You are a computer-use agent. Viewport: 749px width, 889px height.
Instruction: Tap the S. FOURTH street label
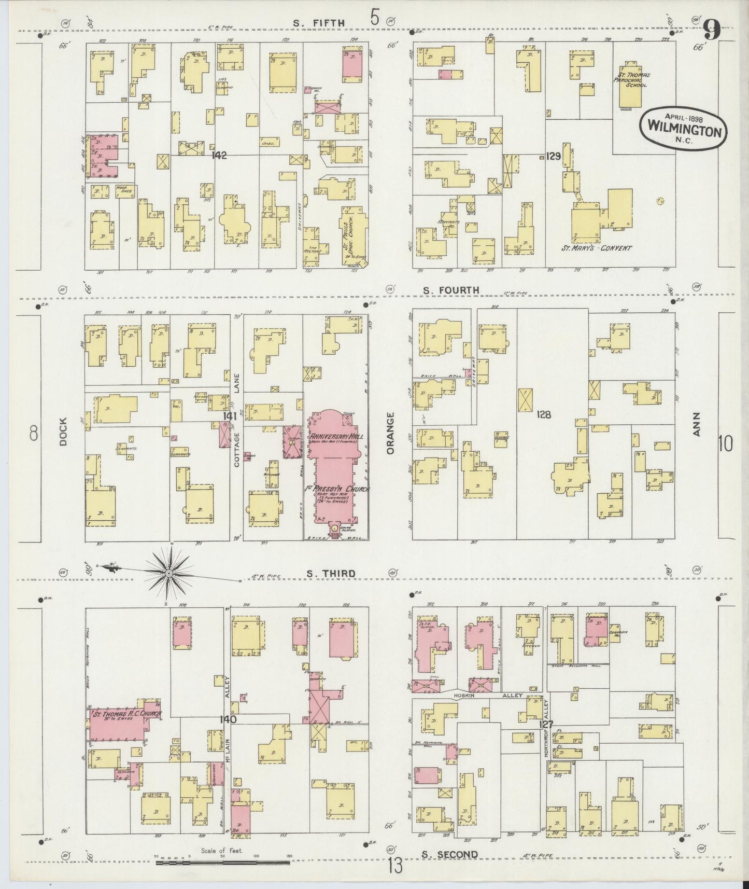click(450, 290)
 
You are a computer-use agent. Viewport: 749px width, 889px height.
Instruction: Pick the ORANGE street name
click(390, 433)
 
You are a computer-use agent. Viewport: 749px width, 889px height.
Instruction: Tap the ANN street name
click(696, 424)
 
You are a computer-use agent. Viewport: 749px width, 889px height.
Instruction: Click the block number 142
click(219, 155)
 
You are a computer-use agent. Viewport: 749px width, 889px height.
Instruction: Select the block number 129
click(554, 155)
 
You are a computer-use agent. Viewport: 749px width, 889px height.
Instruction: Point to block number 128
click(544, 414)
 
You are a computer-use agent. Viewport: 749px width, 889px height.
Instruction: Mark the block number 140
click(228, 719)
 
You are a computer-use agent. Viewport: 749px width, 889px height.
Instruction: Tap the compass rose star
click(169, 573)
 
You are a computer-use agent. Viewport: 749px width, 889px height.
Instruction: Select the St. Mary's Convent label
click(597, 248)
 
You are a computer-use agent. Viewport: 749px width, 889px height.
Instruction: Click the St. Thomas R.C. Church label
click(126, 714)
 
